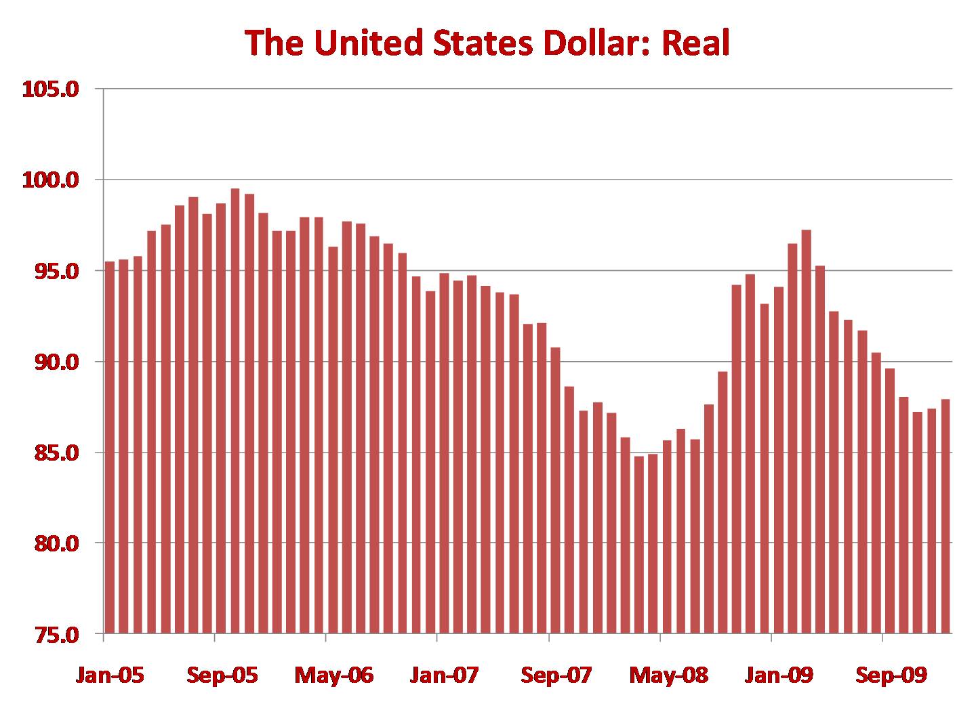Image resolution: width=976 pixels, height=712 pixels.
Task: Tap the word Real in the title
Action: click(695, 43)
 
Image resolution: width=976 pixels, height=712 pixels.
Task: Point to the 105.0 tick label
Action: click(51, 89)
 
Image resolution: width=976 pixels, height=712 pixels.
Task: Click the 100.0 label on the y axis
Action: click(51, 180)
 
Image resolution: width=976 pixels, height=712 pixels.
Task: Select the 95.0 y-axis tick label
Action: click(56, 271)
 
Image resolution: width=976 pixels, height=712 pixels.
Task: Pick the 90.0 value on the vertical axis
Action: click(56, 362)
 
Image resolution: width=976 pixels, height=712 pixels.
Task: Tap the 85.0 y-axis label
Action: click(56, 453)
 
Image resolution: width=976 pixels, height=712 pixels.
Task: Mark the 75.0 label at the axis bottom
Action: click(56, 634)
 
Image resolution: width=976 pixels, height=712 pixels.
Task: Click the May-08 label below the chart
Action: click(669, 675)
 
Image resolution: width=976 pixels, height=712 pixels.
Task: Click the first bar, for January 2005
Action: click(110, 447)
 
